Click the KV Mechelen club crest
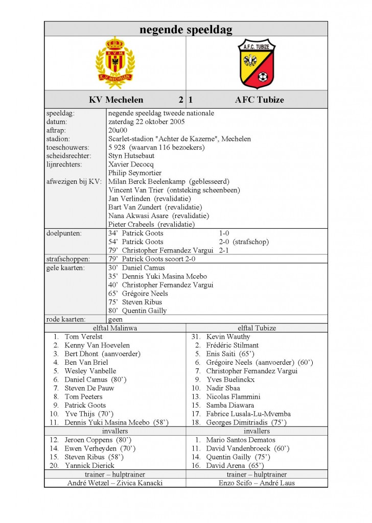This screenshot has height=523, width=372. click(115, 63)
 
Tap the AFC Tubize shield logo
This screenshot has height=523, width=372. click(257, 63)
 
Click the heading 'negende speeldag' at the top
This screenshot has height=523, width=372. click(186, 30)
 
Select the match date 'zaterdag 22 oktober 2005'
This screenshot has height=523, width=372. click(147, 122)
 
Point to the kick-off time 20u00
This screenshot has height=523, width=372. click(118, 130)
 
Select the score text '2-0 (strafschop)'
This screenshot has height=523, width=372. click(244, 242)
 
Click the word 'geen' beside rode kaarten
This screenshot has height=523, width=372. click(115, 319)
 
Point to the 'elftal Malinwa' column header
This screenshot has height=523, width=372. click(115, 328)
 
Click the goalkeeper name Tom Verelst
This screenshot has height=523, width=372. click(83, 337)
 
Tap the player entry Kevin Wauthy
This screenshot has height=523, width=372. click(228, 337)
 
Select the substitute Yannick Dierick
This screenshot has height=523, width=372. click(89, 465)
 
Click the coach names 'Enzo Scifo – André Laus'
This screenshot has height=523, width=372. click(257, 483)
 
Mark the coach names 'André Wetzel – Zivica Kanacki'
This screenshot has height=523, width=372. click(115, 483)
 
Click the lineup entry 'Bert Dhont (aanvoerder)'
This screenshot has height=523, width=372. click(102, 353)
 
